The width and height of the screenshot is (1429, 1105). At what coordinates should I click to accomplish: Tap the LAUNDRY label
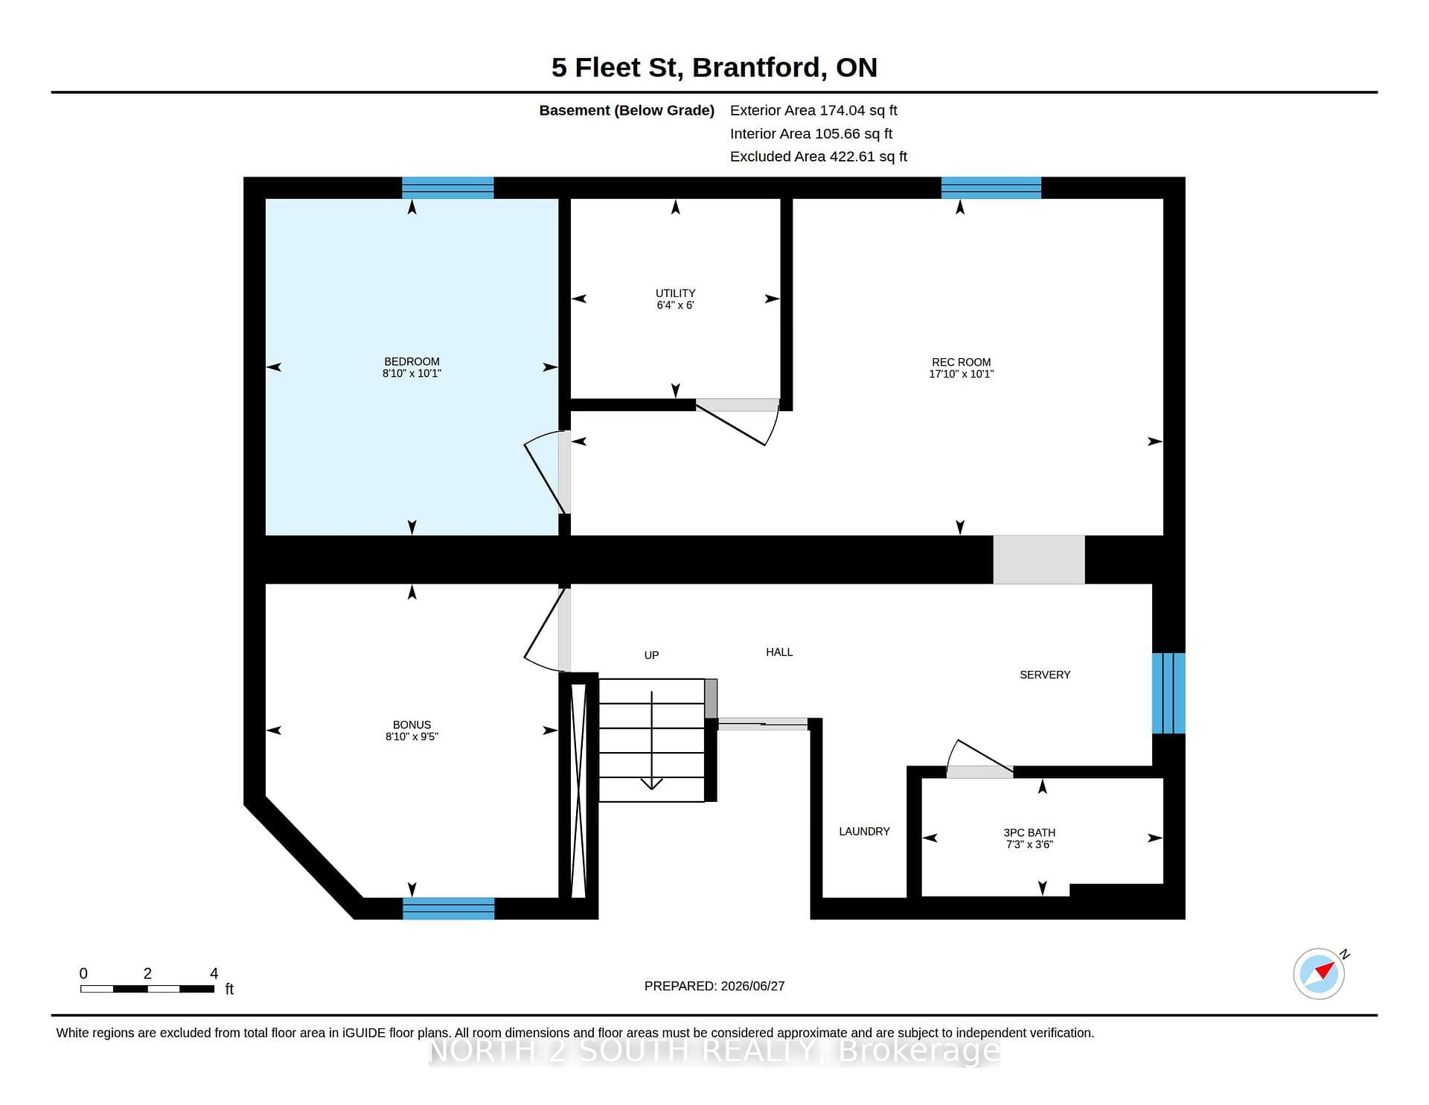click(864, 831)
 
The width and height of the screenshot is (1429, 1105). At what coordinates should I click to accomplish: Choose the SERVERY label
click(1045, 675)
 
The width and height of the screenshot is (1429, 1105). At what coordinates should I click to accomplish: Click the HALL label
click(779, 652)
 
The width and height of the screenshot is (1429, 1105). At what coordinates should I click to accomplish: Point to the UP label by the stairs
click(651, 655)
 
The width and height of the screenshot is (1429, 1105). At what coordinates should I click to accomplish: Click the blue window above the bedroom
click(447, 188)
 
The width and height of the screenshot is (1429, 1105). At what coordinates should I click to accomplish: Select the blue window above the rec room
click(991, 188)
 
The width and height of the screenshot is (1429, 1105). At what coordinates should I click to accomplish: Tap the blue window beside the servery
click(1169, 693)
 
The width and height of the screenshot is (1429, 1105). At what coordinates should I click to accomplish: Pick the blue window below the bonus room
click(448, 908)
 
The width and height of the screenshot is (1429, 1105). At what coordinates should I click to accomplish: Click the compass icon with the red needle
click(1320, 973)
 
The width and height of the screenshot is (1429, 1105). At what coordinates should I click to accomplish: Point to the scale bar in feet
click(147, 989)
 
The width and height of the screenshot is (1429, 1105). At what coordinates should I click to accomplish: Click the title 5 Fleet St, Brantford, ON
click(714, 68)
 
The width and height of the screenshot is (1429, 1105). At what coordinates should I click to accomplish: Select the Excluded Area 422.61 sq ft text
click(819, 156)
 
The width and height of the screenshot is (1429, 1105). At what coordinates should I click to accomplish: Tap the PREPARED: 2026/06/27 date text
click(714, 986)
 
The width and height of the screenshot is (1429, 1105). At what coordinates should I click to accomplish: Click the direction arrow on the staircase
click(652, 740)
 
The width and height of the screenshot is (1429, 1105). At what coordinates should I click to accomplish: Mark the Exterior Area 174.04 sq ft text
click(813, 110)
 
